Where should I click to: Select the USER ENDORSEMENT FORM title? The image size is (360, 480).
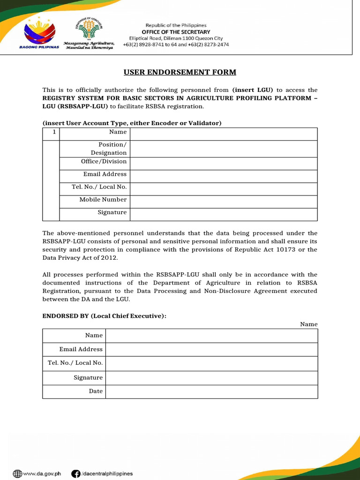tap(180, 72)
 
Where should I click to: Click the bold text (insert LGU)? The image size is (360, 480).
tap(253, 90)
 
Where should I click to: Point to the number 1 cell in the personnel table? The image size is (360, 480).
tap(54, 132)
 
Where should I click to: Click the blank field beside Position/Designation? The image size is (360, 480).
tap(224, 149)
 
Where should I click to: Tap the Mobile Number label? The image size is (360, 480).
tap(103, 200)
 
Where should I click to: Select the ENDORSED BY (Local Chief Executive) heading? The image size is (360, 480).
tap(104, 316)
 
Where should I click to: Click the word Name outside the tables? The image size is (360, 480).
tap(308, 324)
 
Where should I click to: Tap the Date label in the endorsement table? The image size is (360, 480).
tap(96, 391)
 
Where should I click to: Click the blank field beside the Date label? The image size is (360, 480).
tap(212, 391)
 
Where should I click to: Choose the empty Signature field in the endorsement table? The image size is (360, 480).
tap(212, 377)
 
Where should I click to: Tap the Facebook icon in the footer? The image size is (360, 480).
tap(75, 474)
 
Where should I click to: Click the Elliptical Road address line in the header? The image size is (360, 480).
tap(176, 38)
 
